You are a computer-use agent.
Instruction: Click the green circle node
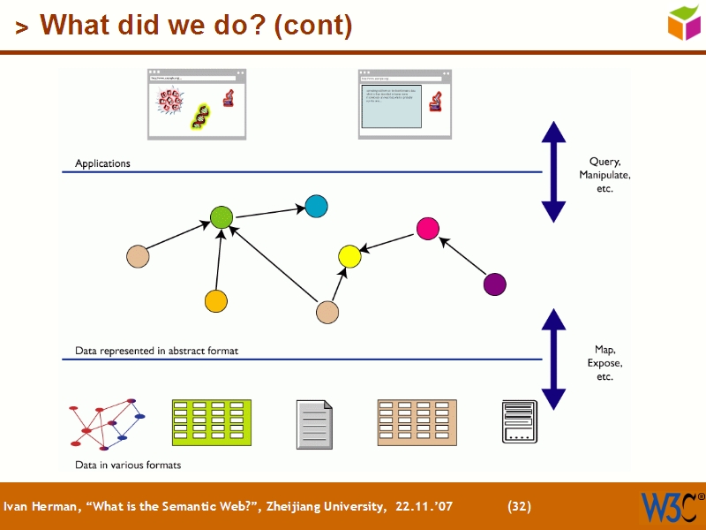222,216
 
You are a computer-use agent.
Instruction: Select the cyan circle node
317,206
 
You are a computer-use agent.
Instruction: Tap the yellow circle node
349,257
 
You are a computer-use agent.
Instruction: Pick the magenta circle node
428,229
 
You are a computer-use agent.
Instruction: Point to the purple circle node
495,284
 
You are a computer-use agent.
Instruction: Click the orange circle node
216,301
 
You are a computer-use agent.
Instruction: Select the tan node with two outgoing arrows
327,312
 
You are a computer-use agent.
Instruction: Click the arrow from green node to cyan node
269,212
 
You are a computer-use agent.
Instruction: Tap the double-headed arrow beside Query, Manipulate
553,171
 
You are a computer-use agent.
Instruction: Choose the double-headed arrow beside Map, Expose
553,360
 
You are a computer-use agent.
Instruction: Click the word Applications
102,163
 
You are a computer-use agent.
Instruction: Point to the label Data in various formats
128,465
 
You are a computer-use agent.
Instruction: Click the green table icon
211,422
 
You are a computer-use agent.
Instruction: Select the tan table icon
417,422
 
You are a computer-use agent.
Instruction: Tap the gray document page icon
315,422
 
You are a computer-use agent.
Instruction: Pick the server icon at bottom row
519,422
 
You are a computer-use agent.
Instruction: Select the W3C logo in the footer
668,507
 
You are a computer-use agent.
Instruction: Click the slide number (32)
519,506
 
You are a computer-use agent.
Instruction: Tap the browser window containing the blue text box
404,104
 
